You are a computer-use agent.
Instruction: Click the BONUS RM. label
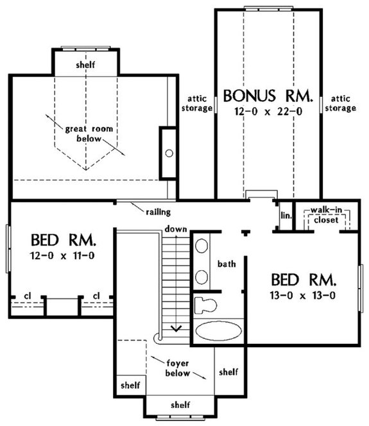click(x=268, y=96)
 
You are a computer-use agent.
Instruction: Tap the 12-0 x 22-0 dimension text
click(x=268, y=112)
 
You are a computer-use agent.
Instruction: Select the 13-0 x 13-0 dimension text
click(x=303, y=295)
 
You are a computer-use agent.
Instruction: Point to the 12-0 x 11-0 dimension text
click(x=62, y=255)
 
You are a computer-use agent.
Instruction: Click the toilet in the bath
click(x=206, y=305)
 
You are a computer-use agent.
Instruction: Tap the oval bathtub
click(x=219, y=331)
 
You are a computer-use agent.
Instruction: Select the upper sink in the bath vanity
click(x=202, y=246)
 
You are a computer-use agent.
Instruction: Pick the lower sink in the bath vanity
click(x=202, y=277)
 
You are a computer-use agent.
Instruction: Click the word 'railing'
click(x=158, y=212)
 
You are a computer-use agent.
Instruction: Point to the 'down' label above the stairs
click(x=176, y=229)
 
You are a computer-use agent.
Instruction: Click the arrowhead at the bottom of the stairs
click(x=176, y=328)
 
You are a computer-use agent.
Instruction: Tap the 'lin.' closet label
click(x=286, y=216)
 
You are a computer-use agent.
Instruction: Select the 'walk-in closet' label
click(x=327, y=215)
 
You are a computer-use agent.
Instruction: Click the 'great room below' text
click(x=89, y=133)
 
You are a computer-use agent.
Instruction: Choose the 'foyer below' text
click(x=178, y=368)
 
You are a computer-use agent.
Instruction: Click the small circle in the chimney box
click(x=169, y=153)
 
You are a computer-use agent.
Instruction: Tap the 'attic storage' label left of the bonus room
click(x=197, y=103)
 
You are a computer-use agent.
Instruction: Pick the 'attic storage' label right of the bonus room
click(x=341, y=103)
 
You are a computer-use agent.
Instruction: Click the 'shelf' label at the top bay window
click(x=85, y=65)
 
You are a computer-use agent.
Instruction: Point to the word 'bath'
click(x=227, y=264)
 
